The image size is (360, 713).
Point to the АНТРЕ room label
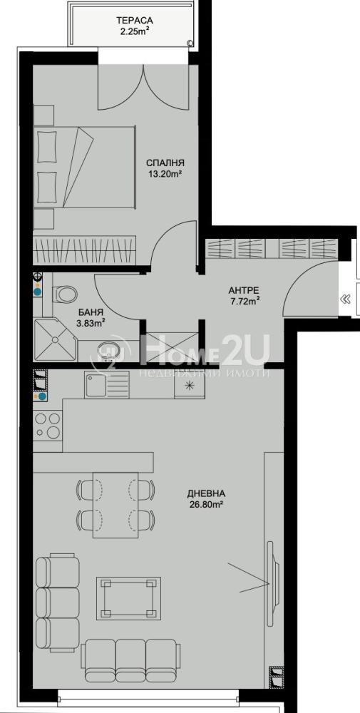243,289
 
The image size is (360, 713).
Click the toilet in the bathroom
63,294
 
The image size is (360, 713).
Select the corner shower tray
55,339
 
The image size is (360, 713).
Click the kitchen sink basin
95,384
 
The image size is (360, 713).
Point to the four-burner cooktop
48,425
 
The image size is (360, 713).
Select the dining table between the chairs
115,505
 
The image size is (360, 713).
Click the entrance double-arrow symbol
346,299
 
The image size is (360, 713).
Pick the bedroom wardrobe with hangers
85,250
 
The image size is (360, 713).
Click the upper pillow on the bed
48,146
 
